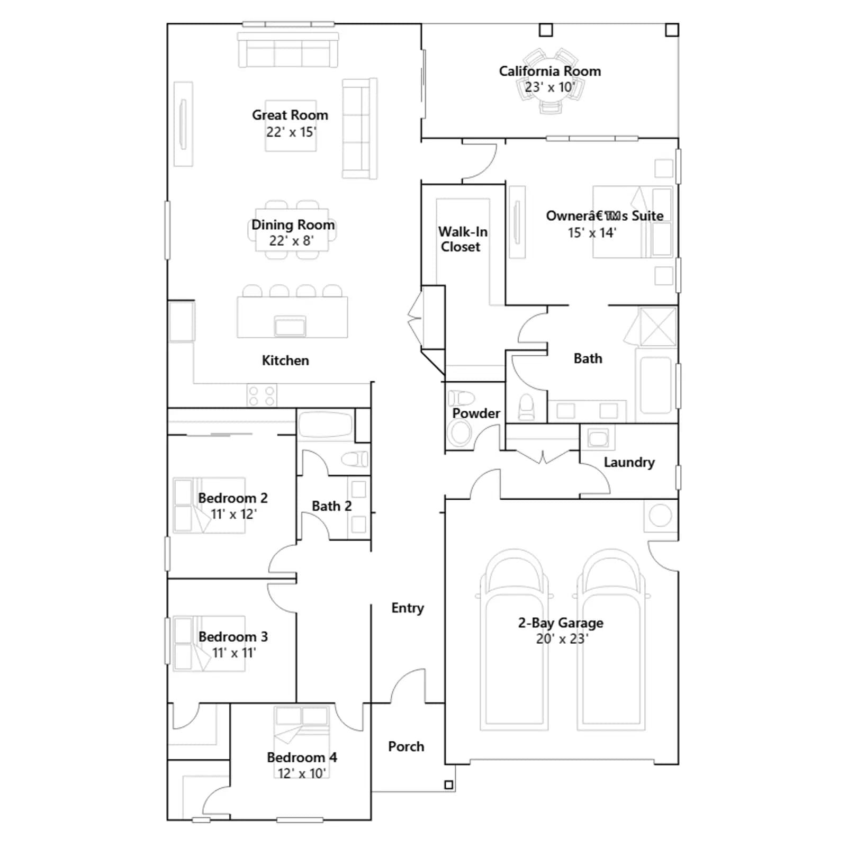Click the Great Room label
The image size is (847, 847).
click(x=290, y=115)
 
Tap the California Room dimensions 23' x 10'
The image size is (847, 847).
click(x=549, y=87)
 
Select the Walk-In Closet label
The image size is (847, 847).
click(x=463, y=239)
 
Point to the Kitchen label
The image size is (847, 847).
click(x=285, y=361)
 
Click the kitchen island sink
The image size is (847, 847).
click(x=290, y=326)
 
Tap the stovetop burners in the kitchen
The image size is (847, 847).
click(x=262, y=396)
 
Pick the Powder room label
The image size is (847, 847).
click(x=476, y=413)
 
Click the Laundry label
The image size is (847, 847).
click(x=629, y=463)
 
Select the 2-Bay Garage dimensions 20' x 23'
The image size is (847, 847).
click(x=562, y=639)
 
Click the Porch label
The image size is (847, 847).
click(x=406, y=746)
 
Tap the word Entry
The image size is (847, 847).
click(x=408, y=608)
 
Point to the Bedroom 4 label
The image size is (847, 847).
click(x=302, y=758)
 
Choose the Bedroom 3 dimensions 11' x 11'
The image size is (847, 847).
click(x=234, y=653)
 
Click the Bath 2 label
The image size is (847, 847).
click(x=331, y=506)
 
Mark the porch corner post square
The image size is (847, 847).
click(x=449, y=785)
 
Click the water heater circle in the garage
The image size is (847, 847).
click(x=660, y=515)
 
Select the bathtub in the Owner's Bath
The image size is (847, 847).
click(x=656, y=385)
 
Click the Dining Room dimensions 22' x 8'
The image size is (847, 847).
click(x=292, y=241)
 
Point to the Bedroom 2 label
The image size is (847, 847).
click(x=233, y=498)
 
